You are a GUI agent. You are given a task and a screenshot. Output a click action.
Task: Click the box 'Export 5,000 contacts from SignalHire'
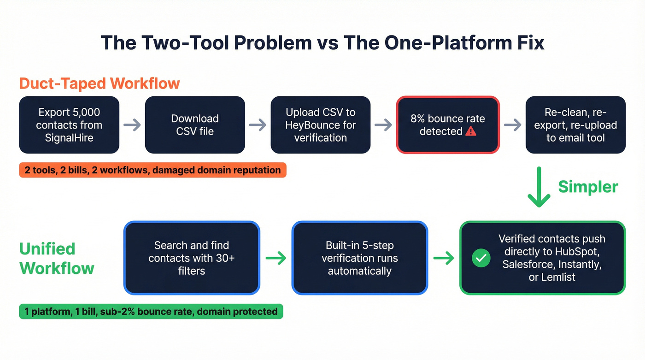[69, 125]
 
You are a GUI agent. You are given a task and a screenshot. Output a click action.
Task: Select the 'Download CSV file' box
[195, 125]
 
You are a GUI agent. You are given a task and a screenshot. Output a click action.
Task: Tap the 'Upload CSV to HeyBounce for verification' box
[321, 125]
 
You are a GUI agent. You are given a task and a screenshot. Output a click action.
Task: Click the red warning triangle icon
[470, 131]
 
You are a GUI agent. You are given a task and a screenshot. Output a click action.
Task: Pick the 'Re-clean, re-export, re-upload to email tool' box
[575, 125]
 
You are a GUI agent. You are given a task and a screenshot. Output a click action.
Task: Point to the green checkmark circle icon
[481, 259]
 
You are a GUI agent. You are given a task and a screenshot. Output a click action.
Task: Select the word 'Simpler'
[588, 187]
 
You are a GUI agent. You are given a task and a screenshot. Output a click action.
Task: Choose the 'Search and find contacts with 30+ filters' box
[192, 258]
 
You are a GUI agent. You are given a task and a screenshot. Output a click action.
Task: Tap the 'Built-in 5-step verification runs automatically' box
[360, 258]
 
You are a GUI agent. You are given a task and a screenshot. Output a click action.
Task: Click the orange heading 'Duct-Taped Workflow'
[100, 84]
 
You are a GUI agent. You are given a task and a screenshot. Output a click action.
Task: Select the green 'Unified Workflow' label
[57, 258]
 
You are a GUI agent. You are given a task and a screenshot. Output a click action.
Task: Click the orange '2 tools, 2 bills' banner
[152, 170]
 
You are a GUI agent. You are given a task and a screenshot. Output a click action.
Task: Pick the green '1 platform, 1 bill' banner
[151, 312]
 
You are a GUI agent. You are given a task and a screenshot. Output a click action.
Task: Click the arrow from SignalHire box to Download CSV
[132, 125]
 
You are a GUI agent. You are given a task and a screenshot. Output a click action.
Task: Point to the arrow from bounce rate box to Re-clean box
[513, 125]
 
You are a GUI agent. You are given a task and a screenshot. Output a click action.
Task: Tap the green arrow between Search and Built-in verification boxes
[276, 258]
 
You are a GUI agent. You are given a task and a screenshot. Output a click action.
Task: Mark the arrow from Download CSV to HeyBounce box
[258, 125]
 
